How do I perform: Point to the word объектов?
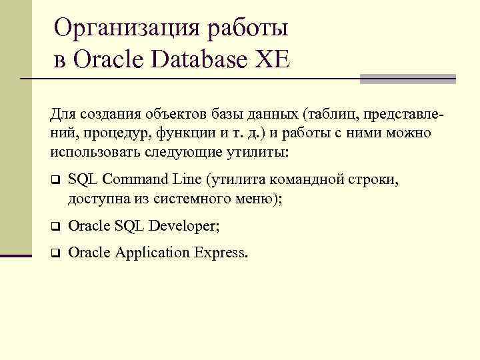point(175,114)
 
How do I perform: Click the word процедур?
point(120,133)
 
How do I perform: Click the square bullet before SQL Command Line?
point(55,180)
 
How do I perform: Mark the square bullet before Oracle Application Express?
point(55,253)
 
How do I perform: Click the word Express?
point(219,253)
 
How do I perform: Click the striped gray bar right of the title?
point(407,79)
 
